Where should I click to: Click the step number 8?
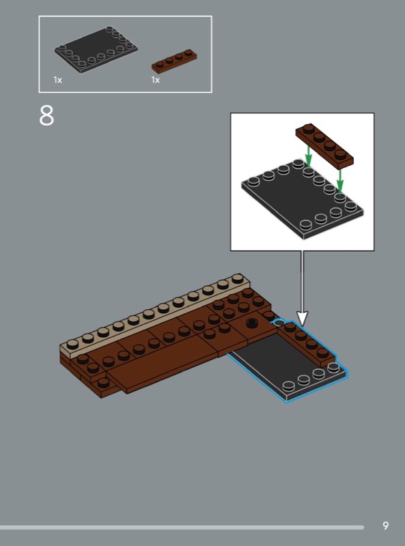click(46, 116)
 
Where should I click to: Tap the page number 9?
click(385, 526)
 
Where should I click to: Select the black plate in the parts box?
click(96, 49)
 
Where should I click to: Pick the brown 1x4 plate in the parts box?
click(174, 61)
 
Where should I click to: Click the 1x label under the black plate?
click(58, 80)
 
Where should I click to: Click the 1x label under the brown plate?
click(156, 80)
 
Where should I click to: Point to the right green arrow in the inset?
click(340, 180)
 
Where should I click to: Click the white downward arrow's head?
click(302, 319)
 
